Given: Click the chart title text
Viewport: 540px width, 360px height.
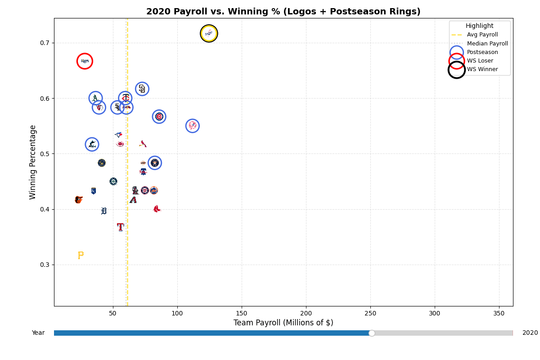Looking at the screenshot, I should [x=283, y=12].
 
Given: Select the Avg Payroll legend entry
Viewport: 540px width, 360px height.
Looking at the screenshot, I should [x=482, y=35].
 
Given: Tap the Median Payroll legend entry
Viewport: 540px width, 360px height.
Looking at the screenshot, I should [x=487, y=44].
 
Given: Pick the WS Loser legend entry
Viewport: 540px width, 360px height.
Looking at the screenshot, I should [x=480, y=61].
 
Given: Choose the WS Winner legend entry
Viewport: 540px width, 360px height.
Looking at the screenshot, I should [x=482, y=69].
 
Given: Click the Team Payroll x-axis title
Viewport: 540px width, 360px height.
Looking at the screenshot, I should [x=283, y=323].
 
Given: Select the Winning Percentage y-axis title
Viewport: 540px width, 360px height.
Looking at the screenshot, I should [x=33, y=162].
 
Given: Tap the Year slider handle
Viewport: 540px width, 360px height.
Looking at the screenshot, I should [x=372, y=333].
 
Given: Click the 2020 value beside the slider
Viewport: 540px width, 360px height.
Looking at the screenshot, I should [x=530, y=333].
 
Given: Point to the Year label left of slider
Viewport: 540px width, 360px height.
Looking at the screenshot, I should [x=38, y=333].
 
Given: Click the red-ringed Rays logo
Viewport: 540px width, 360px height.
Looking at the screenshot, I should [x=85, y=61].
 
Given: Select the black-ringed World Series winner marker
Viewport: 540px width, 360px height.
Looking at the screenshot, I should [x=209, y=33].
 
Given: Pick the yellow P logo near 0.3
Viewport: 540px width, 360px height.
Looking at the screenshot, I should [x=81, y=256].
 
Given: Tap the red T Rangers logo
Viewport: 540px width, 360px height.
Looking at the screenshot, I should [x=120, y=227].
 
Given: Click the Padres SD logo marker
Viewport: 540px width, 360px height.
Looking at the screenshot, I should [x=142, y=89].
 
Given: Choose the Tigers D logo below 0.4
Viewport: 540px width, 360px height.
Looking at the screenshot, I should [x=104, y=211].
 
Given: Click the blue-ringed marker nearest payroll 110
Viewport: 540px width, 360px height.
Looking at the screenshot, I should [x=193, y=126].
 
